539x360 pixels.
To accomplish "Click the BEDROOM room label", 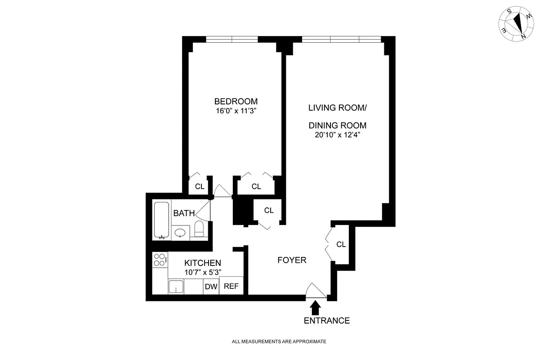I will [x=236, y=101].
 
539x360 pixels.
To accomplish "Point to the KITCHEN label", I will [x=203, y=263].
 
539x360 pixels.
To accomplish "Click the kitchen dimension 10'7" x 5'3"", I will [x=203, y=272].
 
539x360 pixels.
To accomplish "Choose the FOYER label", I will [x=292, y=260].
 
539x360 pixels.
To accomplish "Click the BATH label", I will [x=184, y=213].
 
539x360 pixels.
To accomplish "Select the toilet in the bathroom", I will [x=199, y=229].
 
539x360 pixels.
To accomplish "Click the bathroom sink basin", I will [x=181, y=233].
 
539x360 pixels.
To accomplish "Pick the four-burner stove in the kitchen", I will [x=160, y=259].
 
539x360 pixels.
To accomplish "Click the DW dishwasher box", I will [x=211, y=287].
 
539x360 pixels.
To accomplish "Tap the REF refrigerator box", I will [x=231, y=286].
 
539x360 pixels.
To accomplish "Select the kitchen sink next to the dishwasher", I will [x=176, y=287].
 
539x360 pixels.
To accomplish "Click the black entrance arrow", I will [x=316, y=307].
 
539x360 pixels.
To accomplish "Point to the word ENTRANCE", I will [x=327, y=321].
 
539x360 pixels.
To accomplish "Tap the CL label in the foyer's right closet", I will [x=341, y=244].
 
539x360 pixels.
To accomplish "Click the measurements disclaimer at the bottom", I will [x=279, y=342].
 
